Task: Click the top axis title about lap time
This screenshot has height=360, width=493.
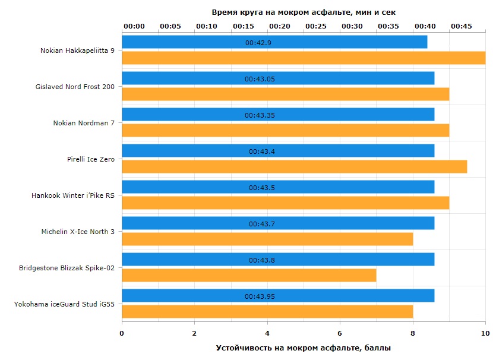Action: (x=304, y=12)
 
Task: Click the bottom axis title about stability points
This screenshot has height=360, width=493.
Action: (x=304, y=348)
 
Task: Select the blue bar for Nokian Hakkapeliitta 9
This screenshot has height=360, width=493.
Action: (x=274, y=42)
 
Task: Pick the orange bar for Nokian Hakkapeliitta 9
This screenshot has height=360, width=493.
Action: (x=304, y=58)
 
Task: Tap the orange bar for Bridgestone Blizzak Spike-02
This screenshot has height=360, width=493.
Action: (x=249, y=275)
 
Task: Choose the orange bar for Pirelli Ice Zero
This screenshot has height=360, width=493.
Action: (x=294, y=166)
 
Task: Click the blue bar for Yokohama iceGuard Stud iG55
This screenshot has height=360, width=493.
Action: (x=278, y=296)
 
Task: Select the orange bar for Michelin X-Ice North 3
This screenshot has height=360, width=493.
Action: (x=267, y=239)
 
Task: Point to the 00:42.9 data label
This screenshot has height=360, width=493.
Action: (x=258, y=43)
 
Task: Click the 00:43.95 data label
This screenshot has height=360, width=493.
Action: (x=260, y=296)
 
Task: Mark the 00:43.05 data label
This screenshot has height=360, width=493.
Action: (x=260, y=79)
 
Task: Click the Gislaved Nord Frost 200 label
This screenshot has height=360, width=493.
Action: (x=75, y=87)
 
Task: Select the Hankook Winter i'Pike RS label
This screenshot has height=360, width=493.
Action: (x=73, y=195)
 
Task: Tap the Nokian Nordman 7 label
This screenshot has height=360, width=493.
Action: (x=84, y=123)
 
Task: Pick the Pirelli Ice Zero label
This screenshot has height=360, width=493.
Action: (x=91, y=159)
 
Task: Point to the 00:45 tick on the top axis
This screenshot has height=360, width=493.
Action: (x=462, y=26)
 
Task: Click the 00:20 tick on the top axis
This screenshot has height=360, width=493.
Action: (x=280, y=26)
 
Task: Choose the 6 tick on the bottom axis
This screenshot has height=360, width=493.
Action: (x=340, y=333)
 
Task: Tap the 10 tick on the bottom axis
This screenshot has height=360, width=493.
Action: (x=485, y=333)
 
